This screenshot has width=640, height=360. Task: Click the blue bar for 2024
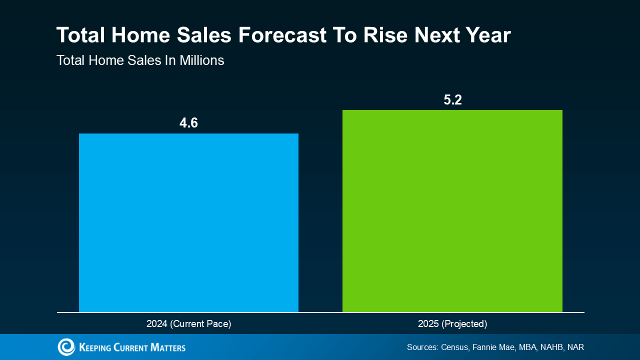click(188, 222)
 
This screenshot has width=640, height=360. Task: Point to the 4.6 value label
click(188, 122)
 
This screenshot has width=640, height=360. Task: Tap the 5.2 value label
click(452, 99)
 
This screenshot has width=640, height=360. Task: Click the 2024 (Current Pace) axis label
click(188, 324)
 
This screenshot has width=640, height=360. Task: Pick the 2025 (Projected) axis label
click(452, 324)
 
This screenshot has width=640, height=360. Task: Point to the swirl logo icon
click(66, 347)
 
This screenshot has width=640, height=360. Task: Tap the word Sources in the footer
click(422, 347)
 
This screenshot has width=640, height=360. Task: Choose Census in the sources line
click(454, 347)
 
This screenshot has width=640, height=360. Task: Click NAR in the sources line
click(575, 347)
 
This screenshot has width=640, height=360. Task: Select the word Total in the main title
click(80, 35)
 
